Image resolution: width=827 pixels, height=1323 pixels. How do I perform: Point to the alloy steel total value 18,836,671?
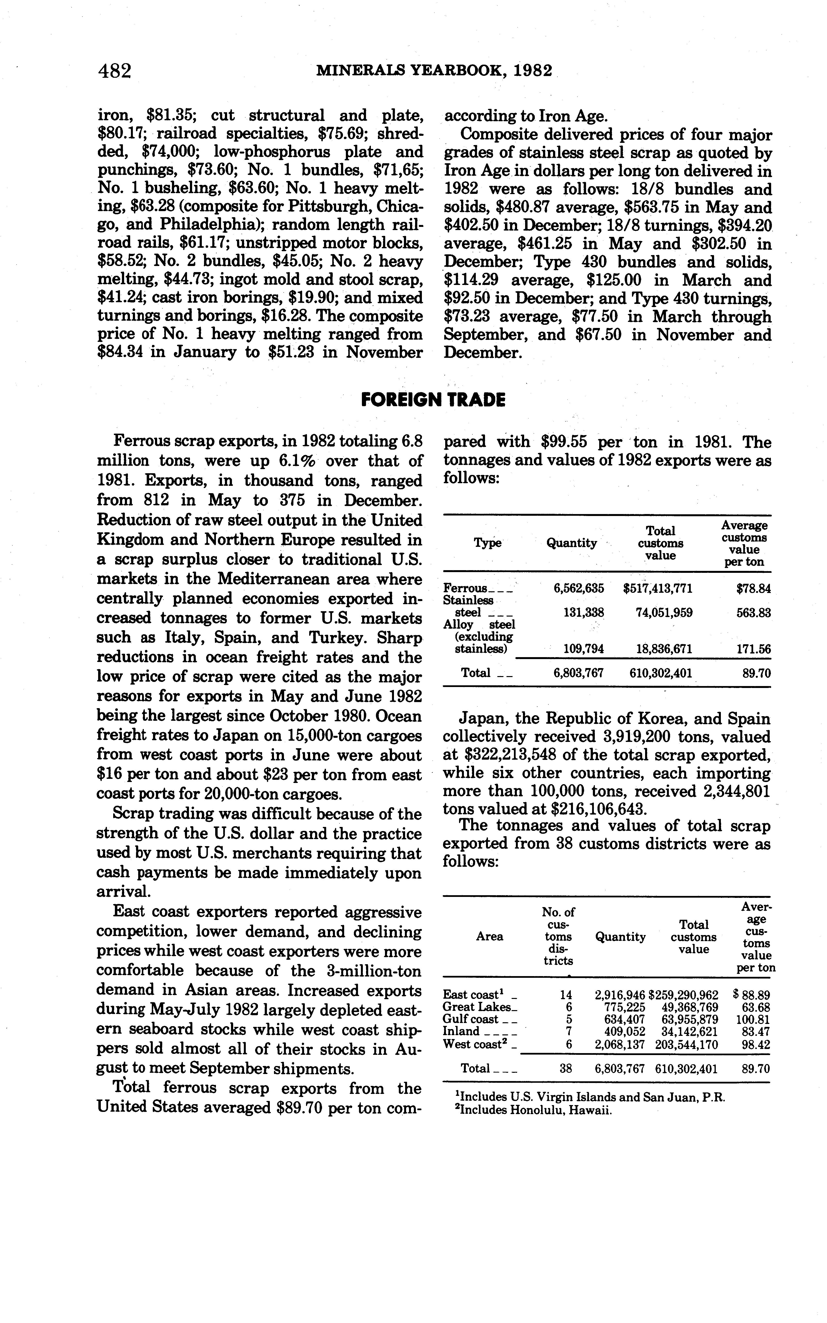664,649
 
